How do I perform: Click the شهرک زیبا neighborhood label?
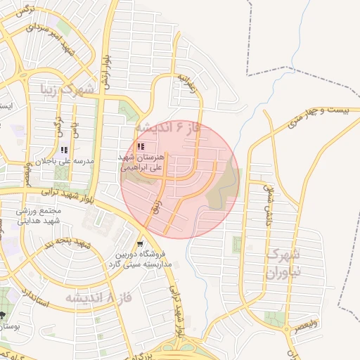pyautogui.click(x=67, y=90)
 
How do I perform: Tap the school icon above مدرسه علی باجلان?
pyautogui.click(x=65, y=149)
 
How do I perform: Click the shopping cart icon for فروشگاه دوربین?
pyautogui.click(x=143, y=245)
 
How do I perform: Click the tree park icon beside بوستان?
pyautogui.click(x=3, y=315)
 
